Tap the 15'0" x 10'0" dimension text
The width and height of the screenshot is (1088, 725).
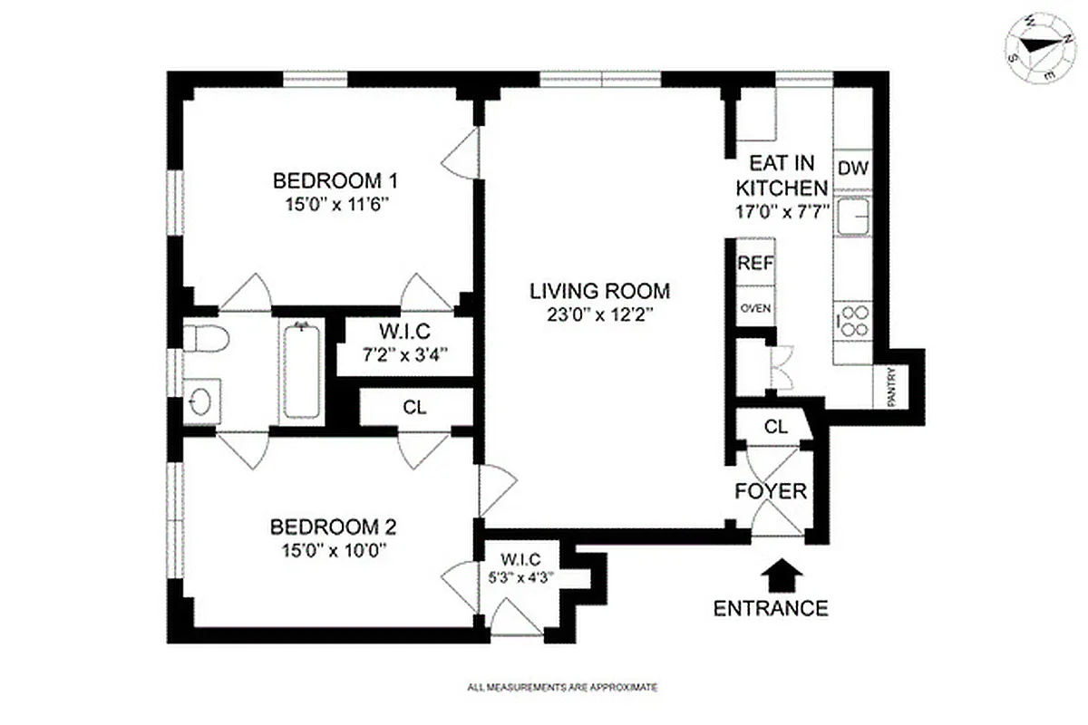point(335,549)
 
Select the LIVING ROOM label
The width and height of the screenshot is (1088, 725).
point(599,291)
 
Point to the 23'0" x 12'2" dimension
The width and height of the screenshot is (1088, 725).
point(599,314)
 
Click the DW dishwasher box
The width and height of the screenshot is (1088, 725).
point(851,169)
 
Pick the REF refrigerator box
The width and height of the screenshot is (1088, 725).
point(754,264)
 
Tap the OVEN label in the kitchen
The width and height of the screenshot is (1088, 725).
point(754,309)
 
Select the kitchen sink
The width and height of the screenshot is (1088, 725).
point(852,217)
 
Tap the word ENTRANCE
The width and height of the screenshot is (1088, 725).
point(771,608)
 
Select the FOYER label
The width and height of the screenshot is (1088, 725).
point(770,491)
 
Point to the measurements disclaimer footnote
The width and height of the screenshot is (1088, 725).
point(562,688)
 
